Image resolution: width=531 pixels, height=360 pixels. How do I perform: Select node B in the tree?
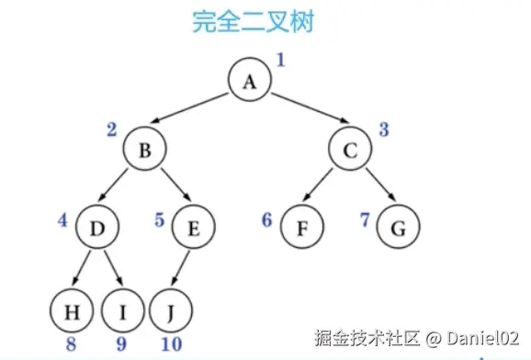point(144,152)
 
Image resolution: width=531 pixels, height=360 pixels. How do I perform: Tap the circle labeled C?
point(350,152)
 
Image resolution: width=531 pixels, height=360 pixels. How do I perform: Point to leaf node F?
point(300,225)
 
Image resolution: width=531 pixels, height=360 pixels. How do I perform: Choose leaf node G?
point(397,225)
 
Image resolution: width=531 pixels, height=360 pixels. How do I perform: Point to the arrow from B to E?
point(169,188)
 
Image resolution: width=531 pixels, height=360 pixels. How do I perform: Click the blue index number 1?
point(281,62)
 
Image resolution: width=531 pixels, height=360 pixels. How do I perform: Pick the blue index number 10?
point(170,345)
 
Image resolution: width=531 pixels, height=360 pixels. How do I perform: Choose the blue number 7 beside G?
point(365,220)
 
